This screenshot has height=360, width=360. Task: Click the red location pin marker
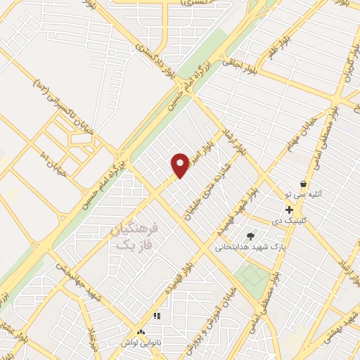(x=180, y=164)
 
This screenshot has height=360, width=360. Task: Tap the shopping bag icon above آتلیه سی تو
(x=303, y=184)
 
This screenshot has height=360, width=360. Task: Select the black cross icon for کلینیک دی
(x=289, y=210)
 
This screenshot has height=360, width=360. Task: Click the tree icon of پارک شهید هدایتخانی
(x=251, y=236)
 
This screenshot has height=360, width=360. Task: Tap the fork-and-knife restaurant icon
(x=157, y=316)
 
